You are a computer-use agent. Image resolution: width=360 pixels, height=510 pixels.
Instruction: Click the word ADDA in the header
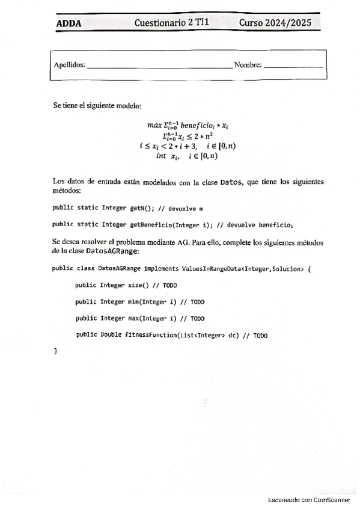(x=69, y=24)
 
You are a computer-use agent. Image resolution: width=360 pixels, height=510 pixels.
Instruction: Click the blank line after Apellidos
(x=159, y=66)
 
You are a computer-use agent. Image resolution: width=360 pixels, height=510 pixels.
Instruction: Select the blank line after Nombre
(x=293, y=66)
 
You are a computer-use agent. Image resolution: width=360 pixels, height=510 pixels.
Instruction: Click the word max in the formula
(x=154, y=125)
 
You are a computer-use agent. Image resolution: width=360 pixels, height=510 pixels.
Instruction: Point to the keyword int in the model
(x=160, y=155)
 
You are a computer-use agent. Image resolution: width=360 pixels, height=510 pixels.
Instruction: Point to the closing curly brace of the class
(x=55, y=350)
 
